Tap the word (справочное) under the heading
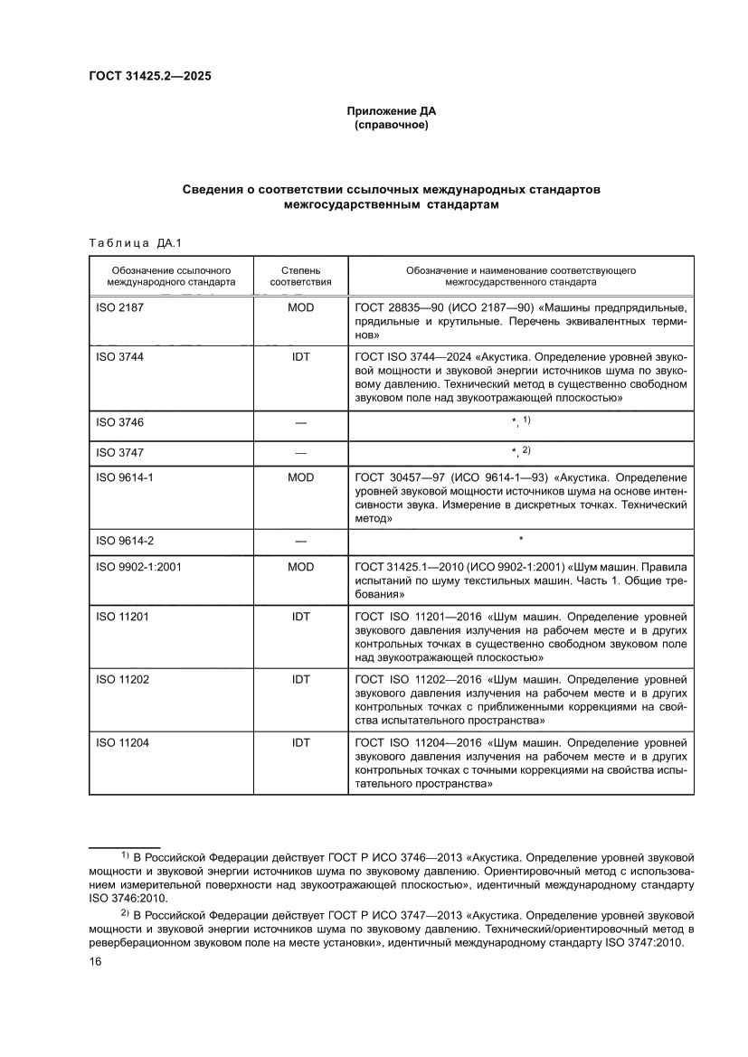point(391,125)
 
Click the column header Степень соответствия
point(300,276)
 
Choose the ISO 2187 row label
point(119,307)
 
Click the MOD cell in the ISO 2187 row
point(300,307)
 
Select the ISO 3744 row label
point(119,357)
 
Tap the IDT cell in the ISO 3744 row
point(300,357)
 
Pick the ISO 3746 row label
point(119,422)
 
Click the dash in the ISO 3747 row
point(300,451)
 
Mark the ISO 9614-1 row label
point(125,477)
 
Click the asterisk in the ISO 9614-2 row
point(520,541)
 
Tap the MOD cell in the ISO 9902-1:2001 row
point(300,567)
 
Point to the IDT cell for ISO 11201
point(300,617)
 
